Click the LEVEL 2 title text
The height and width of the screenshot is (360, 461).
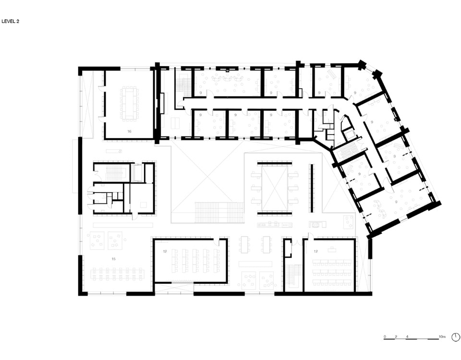click(10, 22)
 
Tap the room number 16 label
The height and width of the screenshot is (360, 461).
click(129, 132)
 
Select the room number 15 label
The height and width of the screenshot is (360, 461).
click(113, 259)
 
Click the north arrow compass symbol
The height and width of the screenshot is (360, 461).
click(456, 337)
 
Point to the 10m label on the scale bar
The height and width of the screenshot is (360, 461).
click(442, 336)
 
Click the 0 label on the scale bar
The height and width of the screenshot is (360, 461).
click(385, 336)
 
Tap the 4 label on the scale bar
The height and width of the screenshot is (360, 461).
click(407, 336)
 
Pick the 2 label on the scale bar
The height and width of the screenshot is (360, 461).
click(396, 336)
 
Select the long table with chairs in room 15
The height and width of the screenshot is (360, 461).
click(118, 274)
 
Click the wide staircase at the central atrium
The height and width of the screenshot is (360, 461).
click(219, 213)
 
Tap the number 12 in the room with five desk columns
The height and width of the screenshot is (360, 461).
click(165, 252)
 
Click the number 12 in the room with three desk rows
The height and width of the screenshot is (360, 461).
click(316, 252)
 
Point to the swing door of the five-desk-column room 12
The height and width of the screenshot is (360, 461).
click(217, 242)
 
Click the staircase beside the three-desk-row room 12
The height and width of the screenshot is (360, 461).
click(294, 276)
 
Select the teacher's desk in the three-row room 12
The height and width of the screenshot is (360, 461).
click(332, 249)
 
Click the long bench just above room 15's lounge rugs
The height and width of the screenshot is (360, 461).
click(123, 225)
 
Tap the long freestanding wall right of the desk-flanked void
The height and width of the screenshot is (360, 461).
click(310, 188)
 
